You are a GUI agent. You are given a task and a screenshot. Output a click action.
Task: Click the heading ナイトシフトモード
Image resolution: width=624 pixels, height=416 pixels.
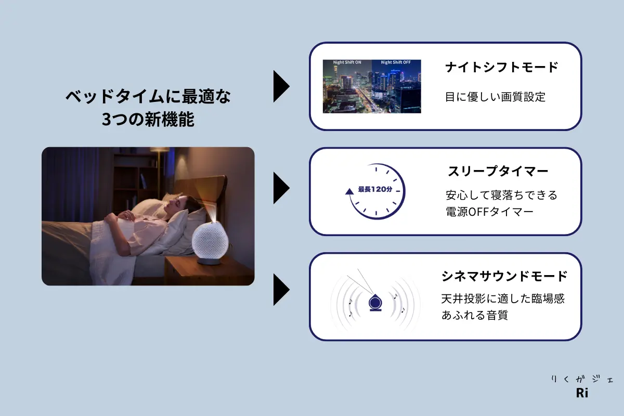click(x=501, y=68)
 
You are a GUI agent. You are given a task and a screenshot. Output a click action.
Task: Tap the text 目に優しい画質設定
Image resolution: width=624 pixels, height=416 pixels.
click(x=495, y=97)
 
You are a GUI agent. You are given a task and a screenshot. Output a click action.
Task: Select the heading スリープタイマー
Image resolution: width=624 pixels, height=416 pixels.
click(x=498, y=171)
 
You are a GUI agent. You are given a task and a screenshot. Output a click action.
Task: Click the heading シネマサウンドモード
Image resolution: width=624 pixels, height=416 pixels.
click(x=504, y=276)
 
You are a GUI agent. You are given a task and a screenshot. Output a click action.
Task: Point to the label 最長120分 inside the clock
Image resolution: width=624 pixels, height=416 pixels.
click(x=375, y=189)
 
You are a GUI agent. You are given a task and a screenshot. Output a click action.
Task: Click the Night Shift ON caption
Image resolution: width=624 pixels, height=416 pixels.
click(x=347, y=62)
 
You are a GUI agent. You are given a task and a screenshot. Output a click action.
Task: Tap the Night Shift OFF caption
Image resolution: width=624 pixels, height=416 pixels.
click(x=396, y=62)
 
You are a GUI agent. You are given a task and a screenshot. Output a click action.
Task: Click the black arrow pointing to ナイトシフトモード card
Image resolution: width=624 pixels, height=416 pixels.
click(x=281, y=86)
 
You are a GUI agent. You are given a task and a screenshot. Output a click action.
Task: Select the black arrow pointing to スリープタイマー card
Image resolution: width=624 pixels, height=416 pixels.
click(x=281, y=188)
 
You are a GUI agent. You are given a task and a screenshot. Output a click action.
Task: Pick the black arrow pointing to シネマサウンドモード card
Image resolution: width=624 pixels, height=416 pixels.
click(x=281, y=290)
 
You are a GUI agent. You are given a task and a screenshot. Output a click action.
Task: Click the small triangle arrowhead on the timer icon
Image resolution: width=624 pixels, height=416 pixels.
click(x=349, y=191)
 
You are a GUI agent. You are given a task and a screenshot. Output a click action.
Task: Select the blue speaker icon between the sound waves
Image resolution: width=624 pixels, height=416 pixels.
click(x=375, y=302)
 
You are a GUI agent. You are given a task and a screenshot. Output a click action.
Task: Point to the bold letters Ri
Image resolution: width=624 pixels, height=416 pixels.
click(x=582, y=393)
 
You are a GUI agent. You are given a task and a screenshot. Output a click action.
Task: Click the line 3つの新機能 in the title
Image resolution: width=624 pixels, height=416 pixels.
click(x=148, y=119)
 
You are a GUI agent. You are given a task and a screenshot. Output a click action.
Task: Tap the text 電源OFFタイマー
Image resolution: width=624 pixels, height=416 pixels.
click(x=489, y=212)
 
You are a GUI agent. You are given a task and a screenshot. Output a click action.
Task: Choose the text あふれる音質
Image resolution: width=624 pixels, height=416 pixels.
click(x=475, y=315)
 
